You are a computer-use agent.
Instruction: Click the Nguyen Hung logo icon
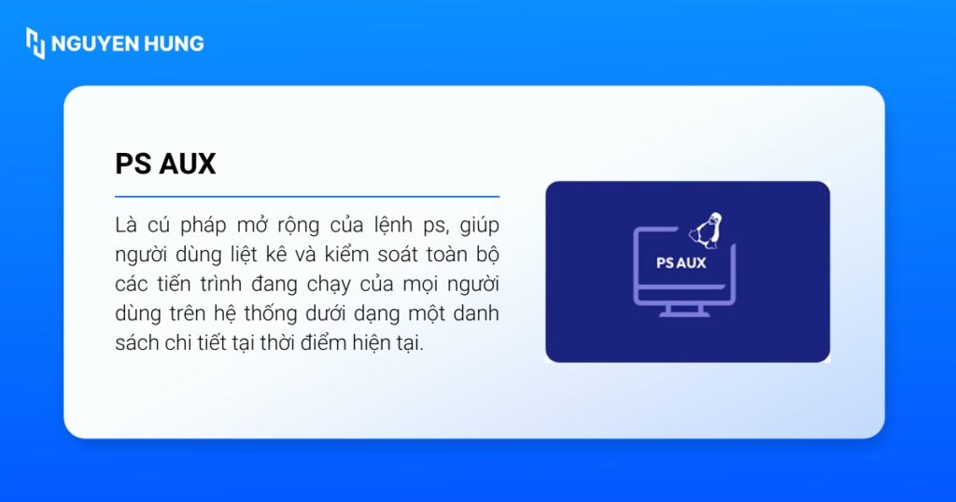click(35, 43)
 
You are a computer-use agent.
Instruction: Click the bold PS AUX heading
click(165, 164)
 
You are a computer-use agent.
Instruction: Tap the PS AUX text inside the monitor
click(681, 263)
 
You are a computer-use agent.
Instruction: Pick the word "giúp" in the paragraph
click(480, 226)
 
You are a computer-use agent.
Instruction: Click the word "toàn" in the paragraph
click(437, 256)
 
